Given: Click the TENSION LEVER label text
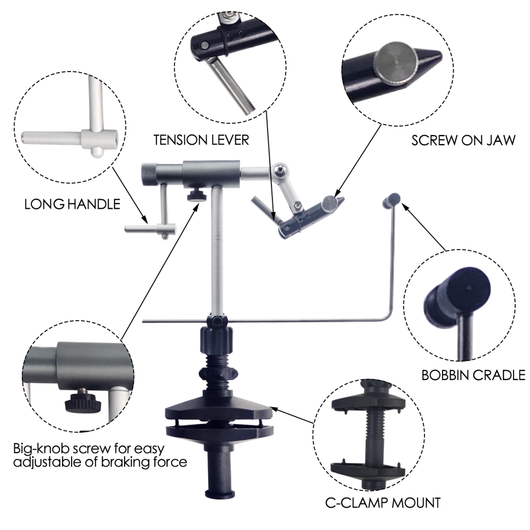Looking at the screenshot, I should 201,140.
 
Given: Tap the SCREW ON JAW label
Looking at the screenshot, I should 456,142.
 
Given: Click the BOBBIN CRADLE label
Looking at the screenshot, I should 473,375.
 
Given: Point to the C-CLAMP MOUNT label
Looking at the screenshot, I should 383,501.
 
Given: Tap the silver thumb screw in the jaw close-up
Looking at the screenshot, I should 395,66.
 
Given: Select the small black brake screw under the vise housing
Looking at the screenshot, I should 196,196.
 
